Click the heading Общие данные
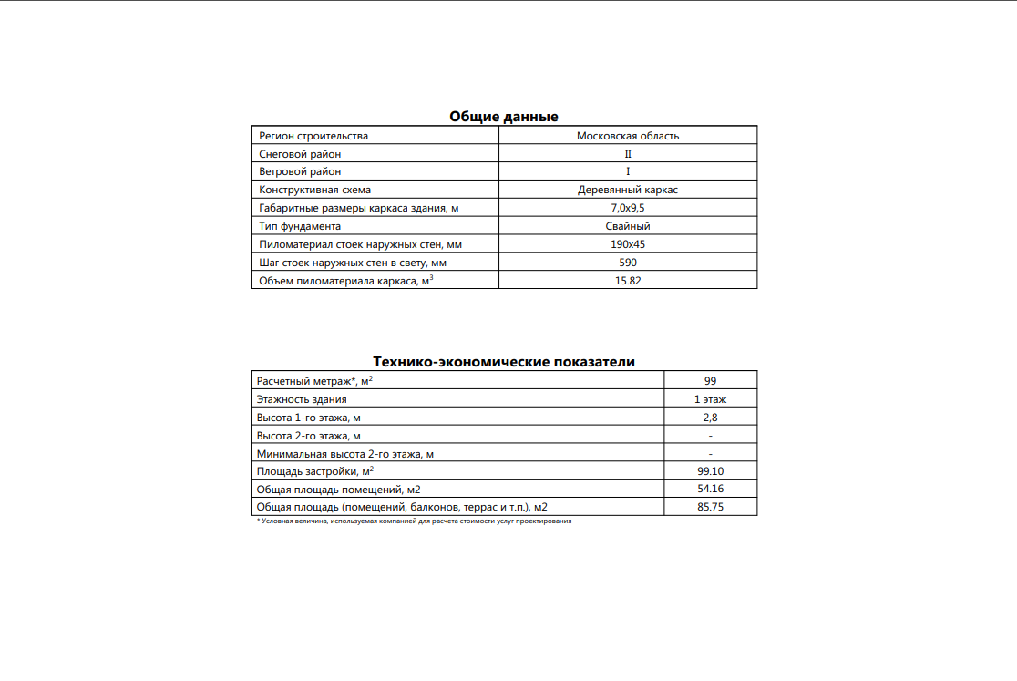[503, 116]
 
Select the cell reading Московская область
[628, 136]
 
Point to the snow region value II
[628, 154]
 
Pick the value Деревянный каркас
[628, 190]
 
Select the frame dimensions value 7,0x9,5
[628, 208]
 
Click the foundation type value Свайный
[628, 226]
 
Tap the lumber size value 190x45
[628, 244]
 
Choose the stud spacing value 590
[628, 263]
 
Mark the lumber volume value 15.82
[628, 281]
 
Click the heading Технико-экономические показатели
[504, 362]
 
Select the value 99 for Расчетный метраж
[710, 380]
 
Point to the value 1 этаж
[710, 398]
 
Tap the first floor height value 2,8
[710, 417]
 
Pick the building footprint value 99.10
[710, 471]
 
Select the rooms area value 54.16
[710, 490]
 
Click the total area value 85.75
[710, 507]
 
